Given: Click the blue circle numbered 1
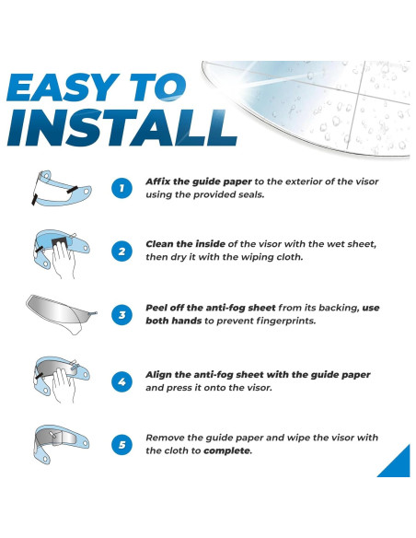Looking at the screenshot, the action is (x=121, y=188).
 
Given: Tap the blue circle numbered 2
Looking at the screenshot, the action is (x=121, y=251).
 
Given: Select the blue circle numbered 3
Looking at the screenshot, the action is (x=121, y=315).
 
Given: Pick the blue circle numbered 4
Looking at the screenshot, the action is (x=121, y=381).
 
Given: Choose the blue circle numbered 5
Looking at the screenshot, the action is (x=121, y=445).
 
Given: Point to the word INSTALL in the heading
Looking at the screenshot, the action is (x=122, y=128).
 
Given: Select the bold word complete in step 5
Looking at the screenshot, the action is (x=227, y=450).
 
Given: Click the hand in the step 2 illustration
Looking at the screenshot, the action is (x=64, y=259).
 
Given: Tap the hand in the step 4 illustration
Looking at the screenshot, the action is (x=64, y=385).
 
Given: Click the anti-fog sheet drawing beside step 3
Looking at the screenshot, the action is (x=61, y=312).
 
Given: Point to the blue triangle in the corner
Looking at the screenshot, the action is (x=399, y=465).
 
